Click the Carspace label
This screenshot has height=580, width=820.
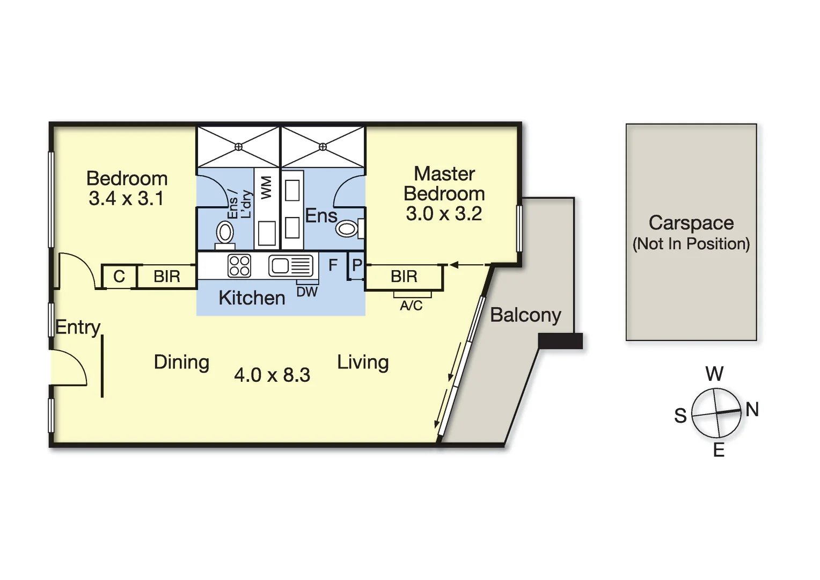pyautogui.click(x=691, y=223)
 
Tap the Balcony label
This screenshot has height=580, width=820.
pyautogui.click(x=525, y=315)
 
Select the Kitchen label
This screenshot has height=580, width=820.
pyautogui.click(x=252, y=298)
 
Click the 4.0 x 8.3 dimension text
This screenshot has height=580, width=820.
pyautogui.click(x=272, y=375)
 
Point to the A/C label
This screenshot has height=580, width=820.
pyautogui.click(x=411, y=305)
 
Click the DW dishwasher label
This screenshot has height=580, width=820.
pyautogui.click(x=307, y=292)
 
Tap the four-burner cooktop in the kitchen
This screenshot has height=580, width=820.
pyautogui.click(x=239, y=266)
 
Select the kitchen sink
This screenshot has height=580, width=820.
pyautogui.click(x=291, y=266)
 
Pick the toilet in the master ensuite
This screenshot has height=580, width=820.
pyautogui.click(x=350, y=229)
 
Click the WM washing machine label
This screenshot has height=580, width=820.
pyautogui.click(x=266, y=187)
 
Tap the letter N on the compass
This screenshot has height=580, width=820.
pyautogui.click(x=752, y=409)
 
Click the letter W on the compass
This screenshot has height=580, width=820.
pyautogui.click(x=714, y=374)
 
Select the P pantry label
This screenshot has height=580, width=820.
pyautogui.click(x=357, y=265)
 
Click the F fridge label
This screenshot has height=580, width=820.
pyautogui.click(x=333, y=265)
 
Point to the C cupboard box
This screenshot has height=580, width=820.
pyautogui.click(x=119, y=277)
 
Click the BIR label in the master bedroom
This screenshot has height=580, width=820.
pyautogui.click(x=404, y=277)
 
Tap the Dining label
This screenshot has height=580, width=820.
pyautogui.click(x=181, y=363)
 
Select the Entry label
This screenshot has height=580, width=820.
pyautogui.click(x=78, y=327)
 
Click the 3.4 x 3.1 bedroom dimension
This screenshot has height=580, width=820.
pyautogui.click(x=126, y=199)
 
